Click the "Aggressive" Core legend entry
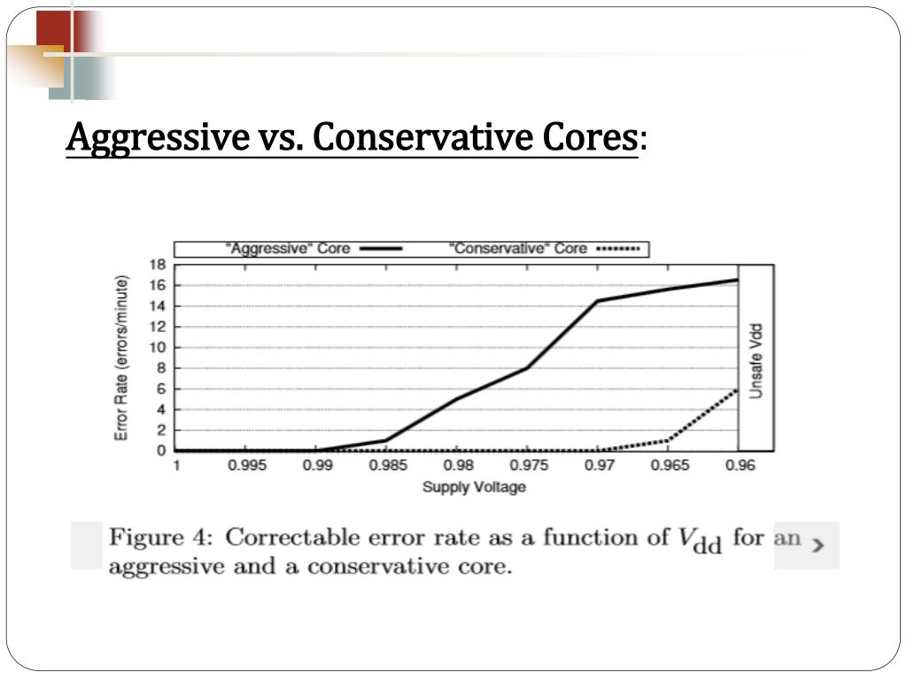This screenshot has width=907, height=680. [x=290, y=249]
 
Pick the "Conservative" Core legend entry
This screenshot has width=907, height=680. [x=520, y=249]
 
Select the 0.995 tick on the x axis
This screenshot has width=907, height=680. [x=247, y=467]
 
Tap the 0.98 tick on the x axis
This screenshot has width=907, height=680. [x=458, y=467]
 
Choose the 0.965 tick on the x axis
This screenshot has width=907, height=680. [x=670, y=467]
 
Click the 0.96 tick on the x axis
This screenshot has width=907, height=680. [x=740, y=467]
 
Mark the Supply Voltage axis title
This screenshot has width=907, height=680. [x=474, y=487]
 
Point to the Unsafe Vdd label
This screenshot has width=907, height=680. [x=756, y=360]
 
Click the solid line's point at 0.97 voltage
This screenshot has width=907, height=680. [x=598, y=301]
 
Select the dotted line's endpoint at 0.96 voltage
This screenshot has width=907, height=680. [x=737, y=390]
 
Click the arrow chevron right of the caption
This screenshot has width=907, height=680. [x=818, y=545]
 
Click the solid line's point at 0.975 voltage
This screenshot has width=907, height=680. [x=528, y=367]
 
